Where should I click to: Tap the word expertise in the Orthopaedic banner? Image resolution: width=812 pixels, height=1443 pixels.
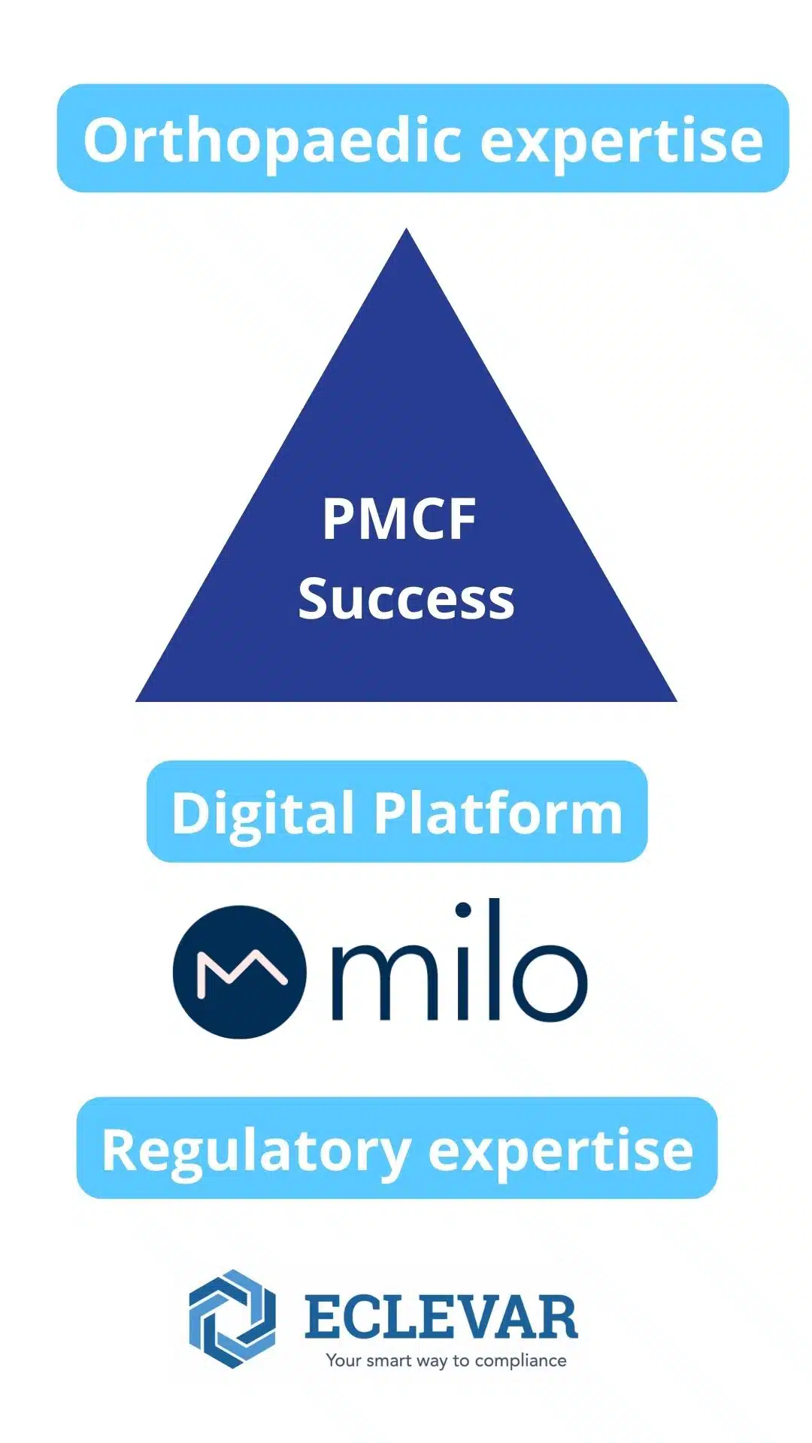pyautogui.click(x=622, y=142)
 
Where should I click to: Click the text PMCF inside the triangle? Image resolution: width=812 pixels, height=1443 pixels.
pyautogui.click(x=399, y=519)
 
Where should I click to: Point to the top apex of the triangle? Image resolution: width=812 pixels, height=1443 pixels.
pyautogui.click(x=407, y=228)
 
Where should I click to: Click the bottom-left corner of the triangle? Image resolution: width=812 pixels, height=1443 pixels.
pyautogui.click(x=136, y=701)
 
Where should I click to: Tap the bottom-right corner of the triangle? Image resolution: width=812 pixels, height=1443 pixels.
pyautogui.click(x=677, y=701)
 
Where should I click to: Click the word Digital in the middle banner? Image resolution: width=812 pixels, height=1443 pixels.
pyautogui.click(x=263, y=814)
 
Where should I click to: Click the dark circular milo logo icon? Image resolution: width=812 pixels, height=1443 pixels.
pyautogui.click(x=240, y=972)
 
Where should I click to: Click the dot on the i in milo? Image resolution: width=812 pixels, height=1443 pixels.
pyautogui.click(x=463, y=911)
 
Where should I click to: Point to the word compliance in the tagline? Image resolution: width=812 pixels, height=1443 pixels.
pyautogui.click(x=520, y=1361)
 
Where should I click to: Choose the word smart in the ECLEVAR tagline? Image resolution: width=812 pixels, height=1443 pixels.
pyautogui.click(x=389, y=1360)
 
